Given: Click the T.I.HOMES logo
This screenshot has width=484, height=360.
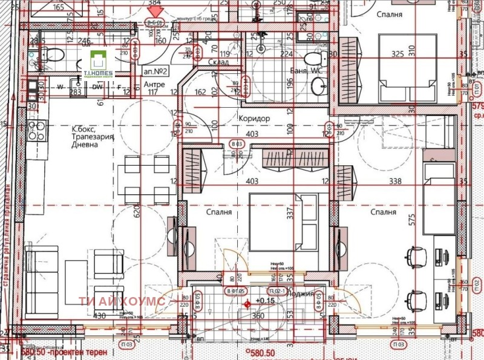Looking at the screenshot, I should tap(100, 63).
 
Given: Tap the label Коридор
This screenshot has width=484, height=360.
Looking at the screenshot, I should tap(254, 119).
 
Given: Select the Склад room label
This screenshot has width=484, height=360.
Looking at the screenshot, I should tap(218, 62).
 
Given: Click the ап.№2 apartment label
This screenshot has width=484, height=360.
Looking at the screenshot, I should tap(156, 71).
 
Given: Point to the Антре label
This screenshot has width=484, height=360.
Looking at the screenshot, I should tap(154, 84).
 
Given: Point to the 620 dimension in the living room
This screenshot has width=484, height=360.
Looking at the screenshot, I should tap(139, 211).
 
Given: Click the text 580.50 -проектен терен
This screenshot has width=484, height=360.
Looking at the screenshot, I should tap(64, 352).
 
